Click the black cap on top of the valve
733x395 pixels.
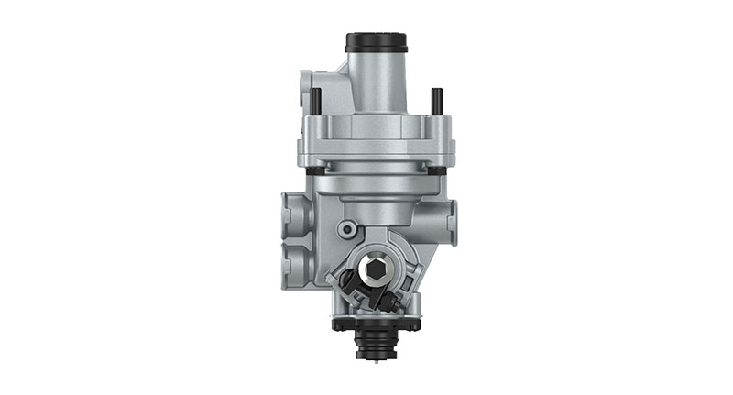[x=376, y=43]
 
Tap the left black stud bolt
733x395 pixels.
[x=315, y=98]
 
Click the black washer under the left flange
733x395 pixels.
[x=315, y=170]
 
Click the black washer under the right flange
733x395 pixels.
[x=438, y=170]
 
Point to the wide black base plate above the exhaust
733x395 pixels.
[x=376, y=324]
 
